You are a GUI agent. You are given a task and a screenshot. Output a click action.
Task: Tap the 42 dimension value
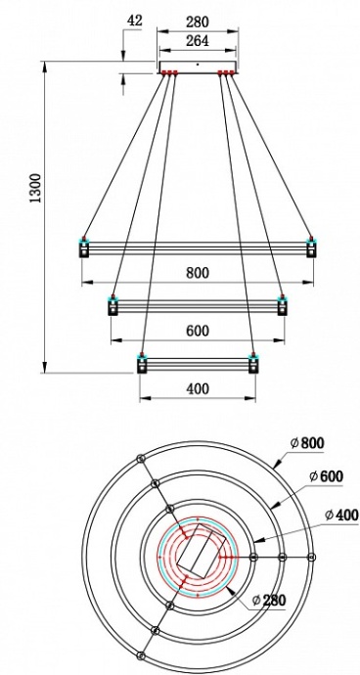click(x=135, y=20)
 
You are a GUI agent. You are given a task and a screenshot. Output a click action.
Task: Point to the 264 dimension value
click(x=199, y=41)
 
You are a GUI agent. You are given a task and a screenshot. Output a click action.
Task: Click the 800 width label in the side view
click(x=198, y=273)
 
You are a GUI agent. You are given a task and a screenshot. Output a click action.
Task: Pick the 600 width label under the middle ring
click(x=198, y=331)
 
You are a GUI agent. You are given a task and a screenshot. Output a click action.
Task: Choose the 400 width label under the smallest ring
click(x=198, y=388)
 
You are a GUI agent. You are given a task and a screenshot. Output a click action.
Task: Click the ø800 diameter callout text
click(x=306, y=443)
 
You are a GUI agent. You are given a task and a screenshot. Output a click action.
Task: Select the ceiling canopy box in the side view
click(x=199, y=67)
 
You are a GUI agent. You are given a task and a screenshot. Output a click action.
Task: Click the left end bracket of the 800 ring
click(x=84, y=247)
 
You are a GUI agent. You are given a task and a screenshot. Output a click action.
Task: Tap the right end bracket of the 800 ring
click(x=311, y=247)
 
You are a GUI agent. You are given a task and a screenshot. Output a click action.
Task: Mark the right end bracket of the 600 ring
click(x=283, y=306)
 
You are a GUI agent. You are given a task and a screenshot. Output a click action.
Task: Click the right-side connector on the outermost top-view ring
click(x=312, y=557)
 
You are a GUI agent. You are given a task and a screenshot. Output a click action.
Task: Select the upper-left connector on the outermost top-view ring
click(x=141, y=458)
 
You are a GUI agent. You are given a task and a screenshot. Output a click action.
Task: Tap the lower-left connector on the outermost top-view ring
click(x=141, y=655)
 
